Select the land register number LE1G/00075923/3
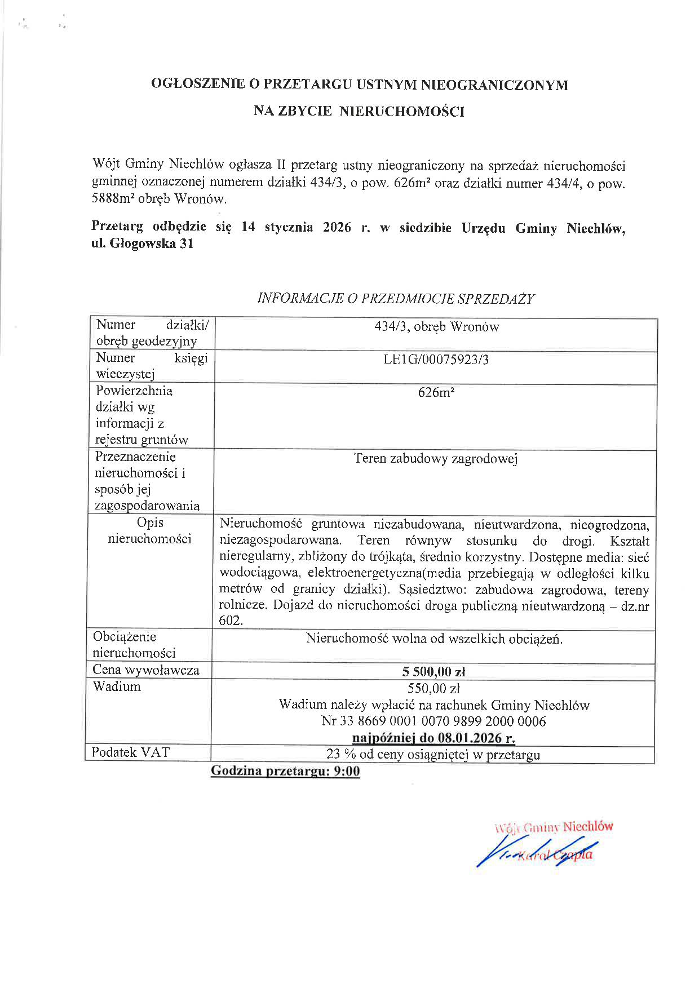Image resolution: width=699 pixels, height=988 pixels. (x=436, y=360)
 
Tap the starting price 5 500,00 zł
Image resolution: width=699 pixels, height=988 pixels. (x=433, y=672)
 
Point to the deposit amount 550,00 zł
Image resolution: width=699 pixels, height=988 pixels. (x=433, y=688)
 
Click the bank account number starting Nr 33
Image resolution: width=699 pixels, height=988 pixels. (x=433, y=721)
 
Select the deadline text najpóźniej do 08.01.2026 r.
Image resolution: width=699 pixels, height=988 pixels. (x=433, y=738)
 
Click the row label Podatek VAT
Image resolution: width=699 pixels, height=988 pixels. (x=131, y=753)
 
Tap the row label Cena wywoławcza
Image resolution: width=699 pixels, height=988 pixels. (x=146, y=670)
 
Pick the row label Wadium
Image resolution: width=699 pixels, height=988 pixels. (x=117, y=686)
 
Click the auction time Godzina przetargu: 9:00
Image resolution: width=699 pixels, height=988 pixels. (x=285, y=771)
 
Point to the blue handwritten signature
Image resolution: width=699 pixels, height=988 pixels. (x=536, y=852)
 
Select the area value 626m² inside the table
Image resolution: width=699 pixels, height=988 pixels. (x=436, y=393)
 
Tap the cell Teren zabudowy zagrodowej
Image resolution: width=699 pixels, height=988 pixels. (x=435, y=459)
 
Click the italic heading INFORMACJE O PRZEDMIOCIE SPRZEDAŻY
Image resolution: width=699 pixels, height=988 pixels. (x=395, y=299)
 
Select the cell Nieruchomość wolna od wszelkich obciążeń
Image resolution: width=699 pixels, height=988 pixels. (x=434, y=639)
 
